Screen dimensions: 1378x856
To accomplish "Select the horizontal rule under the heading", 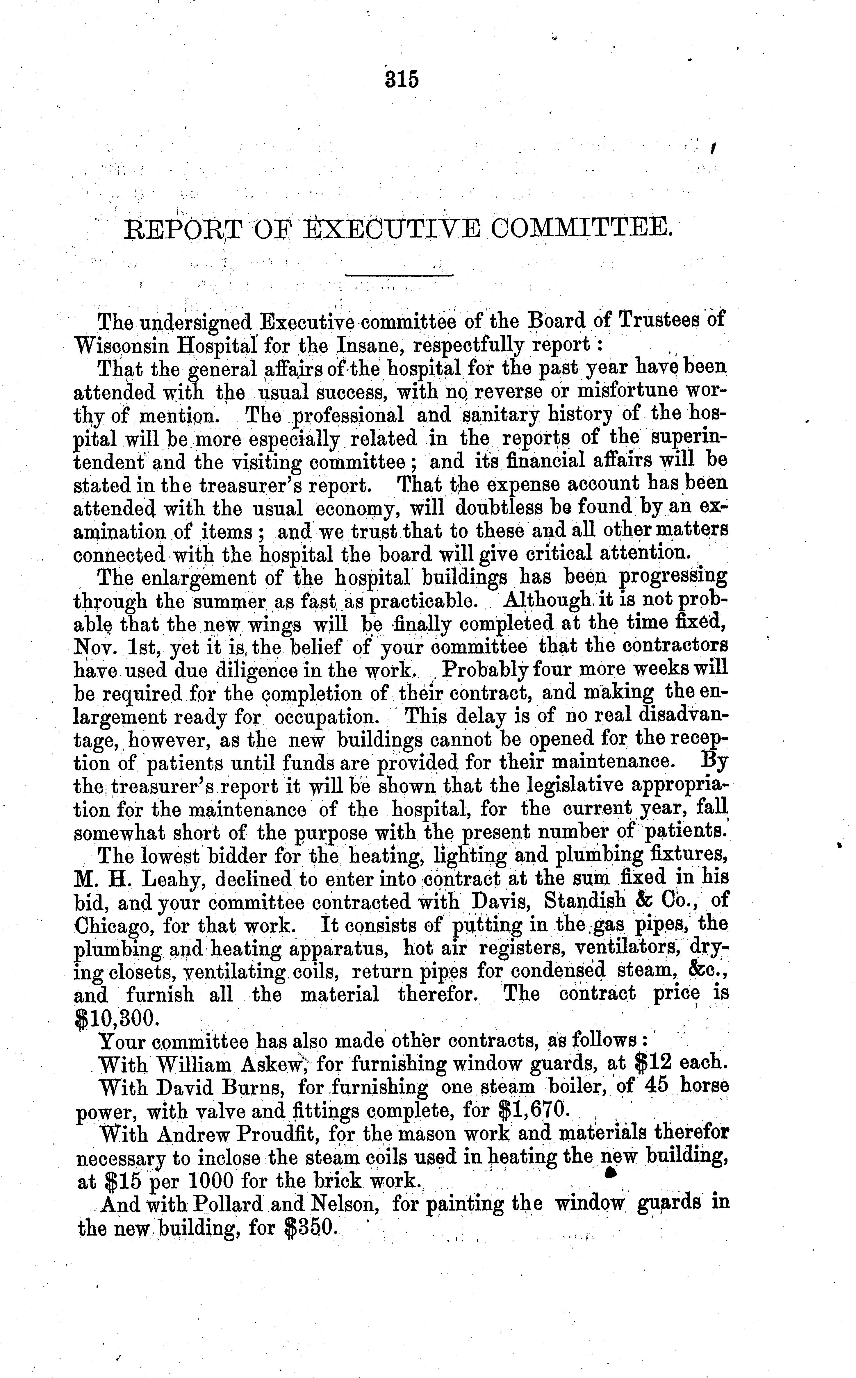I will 399,276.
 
